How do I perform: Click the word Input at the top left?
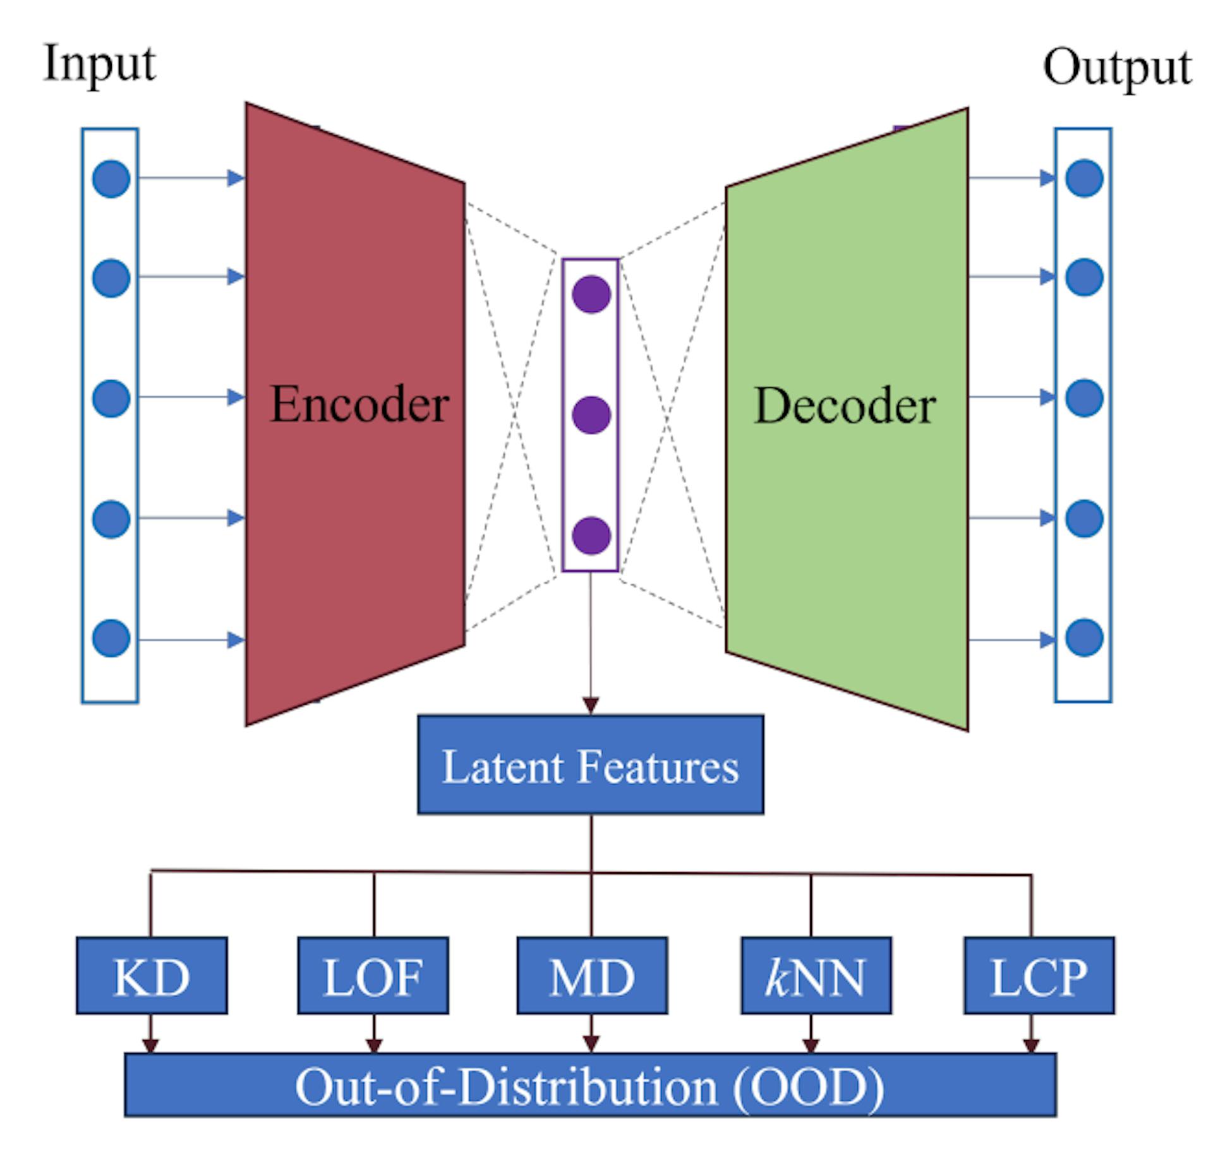coord(99,64)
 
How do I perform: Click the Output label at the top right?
coord(1116,68)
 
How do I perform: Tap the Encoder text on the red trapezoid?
coord(359,404)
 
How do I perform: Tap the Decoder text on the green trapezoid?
coord(845,405)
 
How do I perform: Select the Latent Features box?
coord(590,765)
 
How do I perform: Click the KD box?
coord(152,976)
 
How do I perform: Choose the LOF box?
coord(373,976)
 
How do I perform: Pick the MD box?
coord(591,976)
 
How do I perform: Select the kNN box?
coord(816,976)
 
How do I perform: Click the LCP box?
coord(1039,976)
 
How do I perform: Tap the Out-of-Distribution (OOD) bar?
coord(590,1086)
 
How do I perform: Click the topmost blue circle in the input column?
coord(111,179)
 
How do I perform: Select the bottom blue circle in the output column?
coord(1084,638)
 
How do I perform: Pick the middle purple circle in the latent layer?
coord(591,415)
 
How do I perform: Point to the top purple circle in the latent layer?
coord(591,294)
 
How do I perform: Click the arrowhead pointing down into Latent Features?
coord(590,705)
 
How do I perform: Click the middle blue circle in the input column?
coord(111,399)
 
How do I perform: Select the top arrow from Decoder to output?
coord(1011,178)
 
